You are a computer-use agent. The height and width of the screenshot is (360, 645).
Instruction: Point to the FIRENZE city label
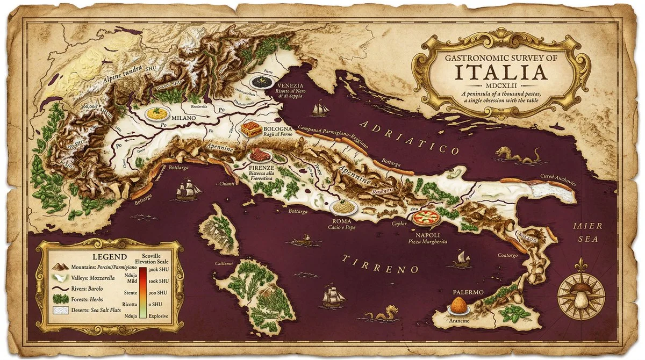pos(262,168)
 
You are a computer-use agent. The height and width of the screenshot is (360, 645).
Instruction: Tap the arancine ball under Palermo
pos(458,307)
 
